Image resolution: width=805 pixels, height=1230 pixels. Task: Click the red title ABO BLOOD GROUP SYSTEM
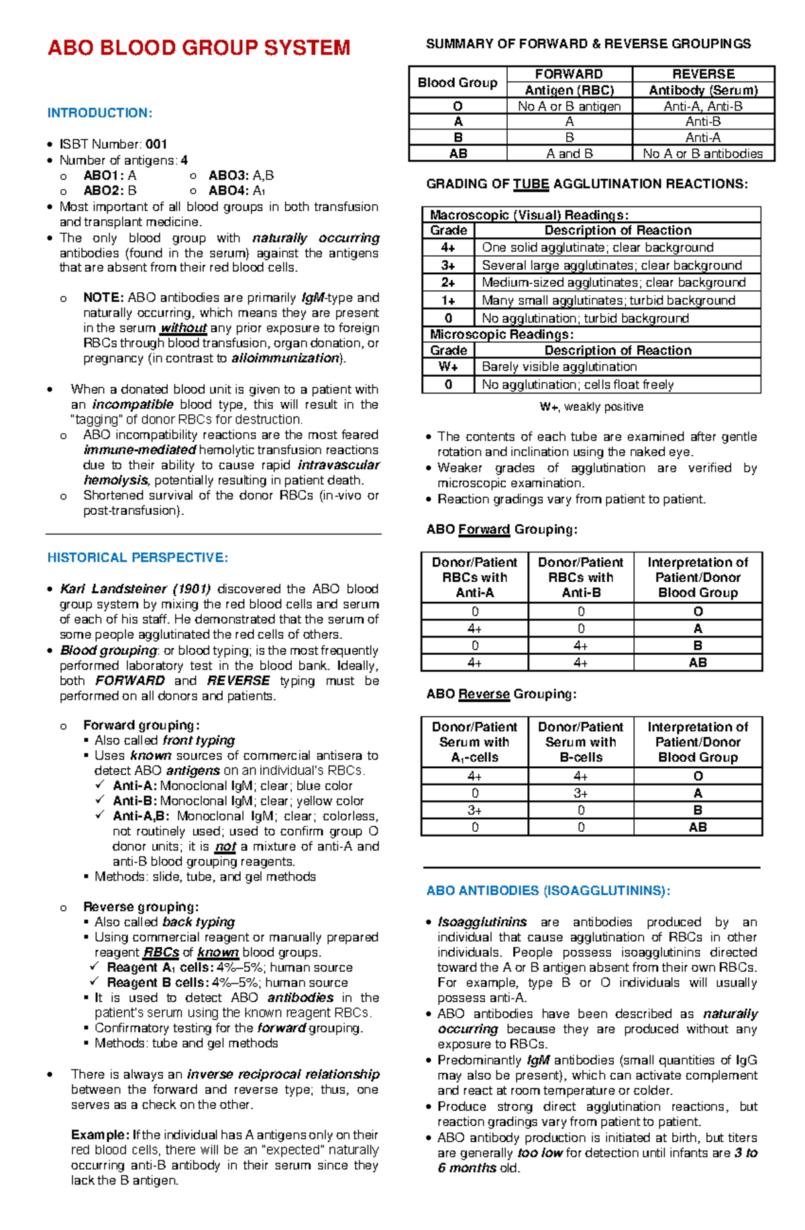199,48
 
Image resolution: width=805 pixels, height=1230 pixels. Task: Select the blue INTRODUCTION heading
100,113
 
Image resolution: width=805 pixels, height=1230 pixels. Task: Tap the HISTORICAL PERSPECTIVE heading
138,558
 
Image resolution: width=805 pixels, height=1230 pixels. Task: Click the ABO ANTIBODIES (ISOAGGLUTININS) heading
548,891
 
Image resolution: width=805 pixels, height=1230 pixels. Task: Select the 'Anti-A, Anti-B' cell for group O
702,106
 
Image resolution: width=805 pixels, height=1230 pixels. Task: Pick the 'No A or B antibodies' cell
702,153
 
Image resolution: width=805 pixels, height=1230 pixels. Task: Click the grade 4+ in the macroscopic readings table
448,247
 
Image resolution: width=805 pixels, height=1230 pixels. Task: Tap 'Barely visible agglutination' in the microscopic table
559,367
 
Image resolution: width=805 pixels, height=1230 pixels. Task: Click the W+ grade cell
448,367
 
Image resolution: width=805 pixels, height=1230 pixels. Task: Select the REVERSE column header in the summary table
703,74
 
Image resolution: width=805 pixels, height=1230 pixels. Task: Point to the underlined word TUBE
531,184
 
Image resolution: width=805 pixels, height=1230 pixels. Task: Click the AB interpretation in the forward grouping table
698,662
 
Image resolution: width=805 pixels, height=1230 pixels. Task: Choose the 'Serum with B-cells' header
580,742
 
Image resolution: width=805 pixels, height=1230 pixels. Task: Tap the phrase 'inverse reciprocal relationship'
283,1074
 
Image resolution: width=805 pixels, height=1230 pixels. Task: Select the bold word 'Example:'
100,1135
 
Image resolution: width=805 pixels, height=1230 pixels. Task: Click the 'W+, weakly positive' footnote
591,407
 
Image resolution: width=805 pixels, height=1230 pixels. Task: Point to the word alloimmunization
285,359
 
